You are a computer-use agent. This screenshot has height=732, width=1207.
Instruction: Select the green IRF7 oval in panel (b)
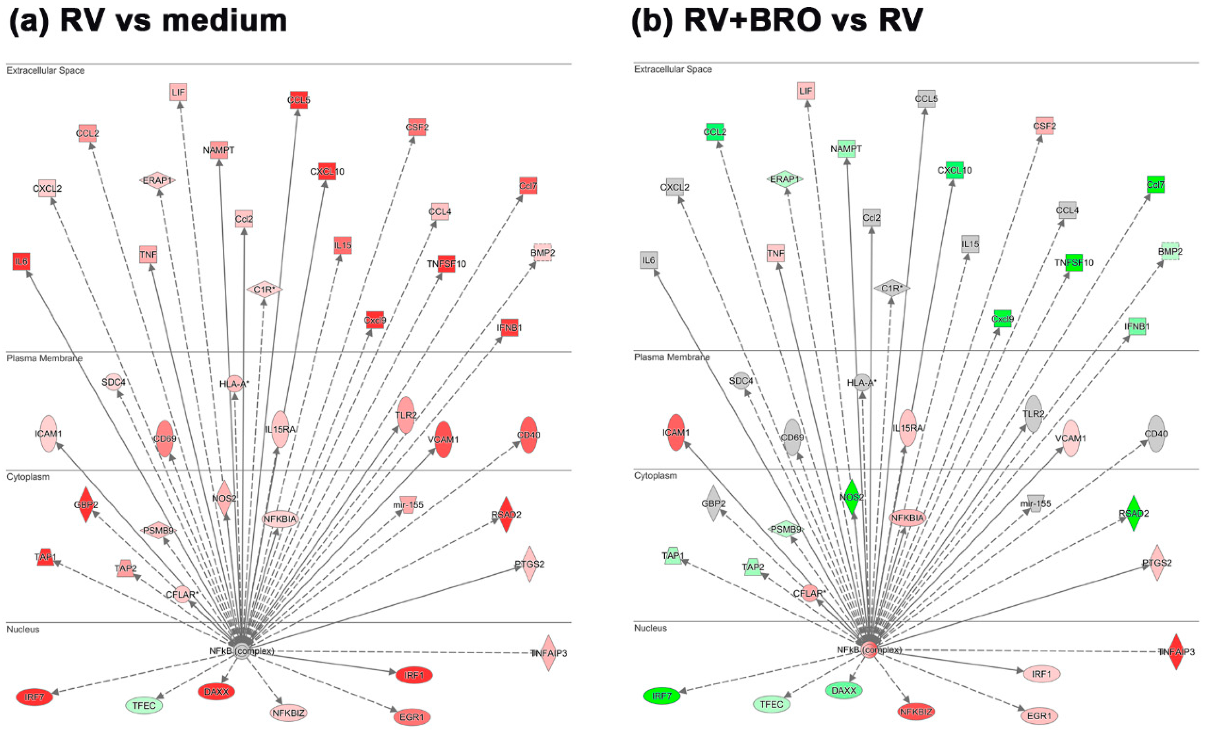tap(662, 696)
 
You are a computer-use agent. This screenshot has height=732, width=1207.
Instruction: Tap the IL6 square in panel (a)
tap(21, 261)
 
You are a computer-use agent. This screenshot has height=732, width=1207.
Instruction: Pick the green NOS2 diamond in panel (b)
tap(852, 497)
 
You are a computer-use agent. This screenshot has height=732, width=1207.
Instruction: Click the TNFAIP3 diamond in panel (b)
tap(1176, 652)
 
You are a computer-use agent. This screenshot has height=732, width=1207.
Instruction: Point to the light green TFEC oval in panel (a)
tap(144, 705)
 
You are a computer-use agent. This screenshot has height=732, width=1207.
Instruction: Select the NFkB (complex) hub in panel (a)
tap(242, 651)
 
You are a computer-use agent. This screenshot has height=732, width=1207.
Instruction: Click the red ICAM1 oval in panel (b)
tap(676, 432)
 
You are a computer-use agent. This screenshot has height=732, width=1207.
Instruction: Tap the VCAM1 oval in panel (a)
tap(443, 439)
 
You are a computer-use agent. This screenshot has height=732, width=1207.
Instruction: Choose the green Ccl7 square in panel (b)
tap(1156, 185)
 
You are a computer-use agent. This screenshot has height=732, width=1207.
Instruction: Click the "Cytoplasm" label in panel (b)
tap(656, 475)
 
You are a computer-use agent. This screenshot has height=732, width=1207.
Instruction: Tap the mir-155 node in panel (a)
tap(408, 505)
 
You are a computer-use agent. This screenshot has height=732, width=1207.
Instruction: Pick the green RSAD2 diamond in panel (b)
tap(1133, 513)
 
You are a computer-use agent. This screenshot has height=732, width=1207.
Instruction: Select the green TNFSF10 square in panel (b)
tap(1074, 262)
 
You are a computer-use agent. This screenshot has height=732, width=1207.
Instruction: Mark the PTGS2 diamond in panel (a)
tap(529, 564)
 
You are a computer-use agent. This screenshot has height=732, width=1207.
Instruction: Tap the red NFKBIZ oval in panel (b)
tap(916, 711)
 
